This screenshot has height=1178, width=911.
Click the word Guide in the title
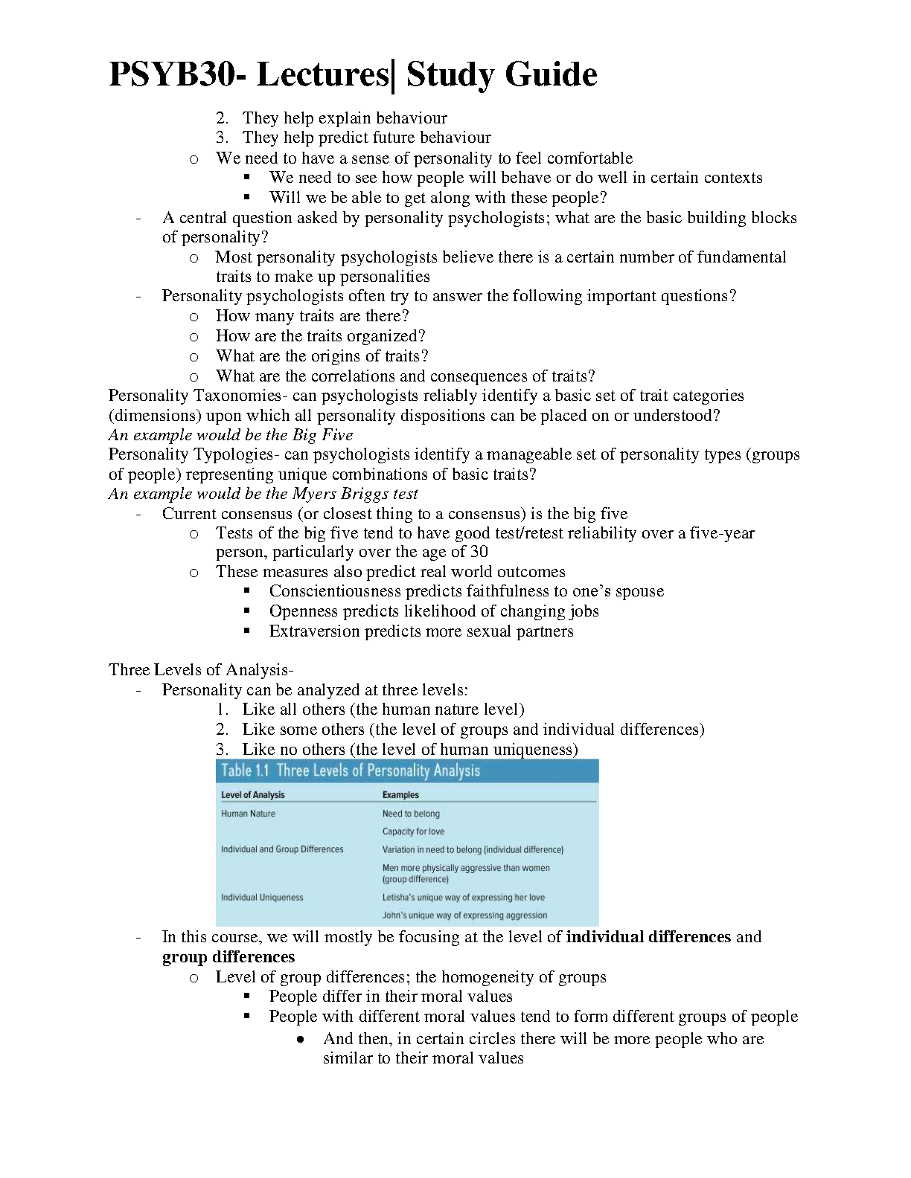pyautogui.click(x=550, y=74)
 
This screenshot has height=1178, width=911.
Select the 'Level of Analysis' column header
pyautogui.click(x=253, y=795)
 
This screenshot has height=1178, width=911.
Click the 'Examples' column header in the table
pyautogui.click(x=400, y=795)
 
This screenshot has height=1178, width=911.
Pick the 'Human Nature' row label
pyautogui.click(x=248, y=814)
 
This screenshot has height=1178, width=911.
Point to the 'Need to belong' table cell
pyautogui.click(x=411, y=814)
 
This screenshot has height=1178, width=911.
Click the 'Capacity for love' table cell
pyautogui.click(x=413, y=831)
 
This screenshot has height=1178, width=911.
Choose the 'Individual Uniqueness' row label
pyautogui.click(x=262, y=898)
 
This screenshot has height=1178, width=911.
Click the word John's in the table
pyautogui.click(x=394, y=915)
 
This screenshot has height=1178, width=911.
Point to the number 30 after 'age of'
pyautogui.click(x=479, y=552)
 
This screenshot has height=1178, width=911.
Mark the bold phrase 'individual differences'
pyautogui.click(x=648, y=937)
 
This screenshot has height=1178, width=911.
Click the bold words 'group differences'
pyautogui.click(x=228, y=957)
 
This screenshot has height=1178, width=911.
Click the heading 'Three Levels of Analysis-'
pyautogui.click(x=201, y=670)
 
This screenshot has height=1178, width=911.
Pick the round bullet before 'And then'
pyautogui.click(x=300, y=1040)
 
